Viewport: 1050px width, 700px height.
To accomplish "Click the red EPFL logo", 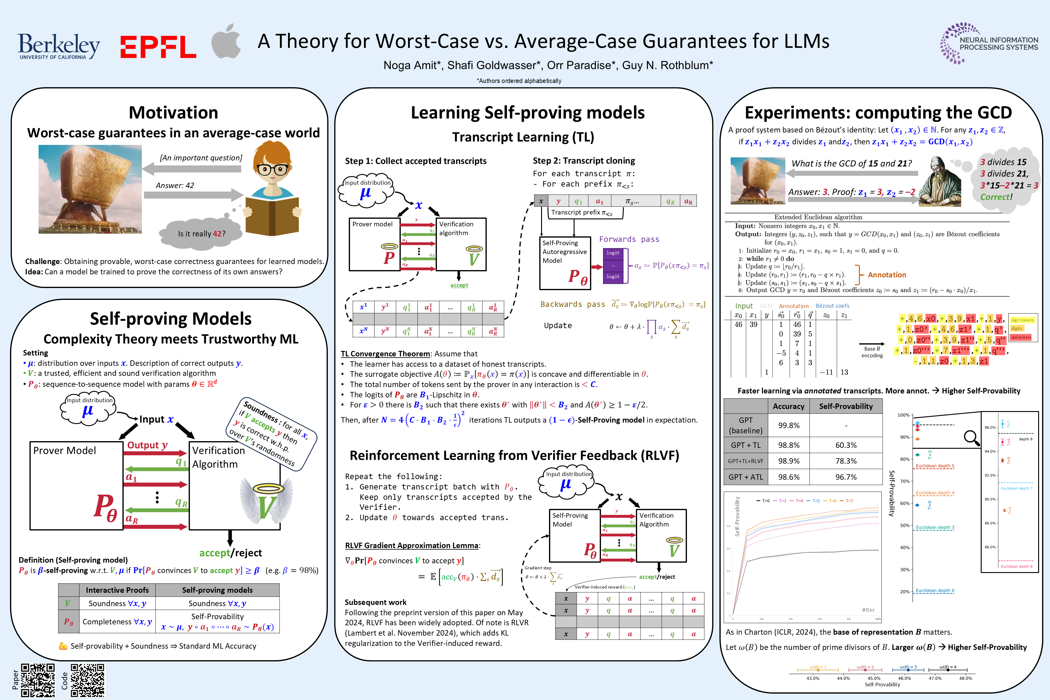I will coord(158,47).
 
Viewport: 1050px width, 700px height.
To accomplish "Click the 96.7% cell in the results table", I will coord(846,477).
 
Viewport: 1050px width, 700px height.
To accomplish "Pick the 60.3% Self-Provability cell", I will coord(846,445).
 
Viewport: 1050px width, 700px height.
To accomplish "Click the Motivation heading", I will coord(173,112).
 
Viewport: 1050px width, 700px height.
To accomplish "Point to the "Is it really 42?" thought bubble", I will coord(202,233).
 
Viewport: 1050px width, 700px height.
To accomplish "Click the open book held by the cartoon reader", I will coord(272,215).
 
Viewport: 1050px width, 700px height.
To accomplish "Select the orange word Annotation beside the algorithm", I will coord(887,275).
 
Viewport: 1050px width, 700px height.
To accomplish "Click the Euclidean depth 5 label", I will coord(935,466).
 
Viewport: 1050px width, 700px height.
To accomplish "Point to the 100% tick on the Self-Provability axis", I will coord(904,415).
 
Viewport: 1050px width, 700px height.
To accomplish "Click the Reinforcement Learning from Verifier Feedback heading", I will coord(514,455).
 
